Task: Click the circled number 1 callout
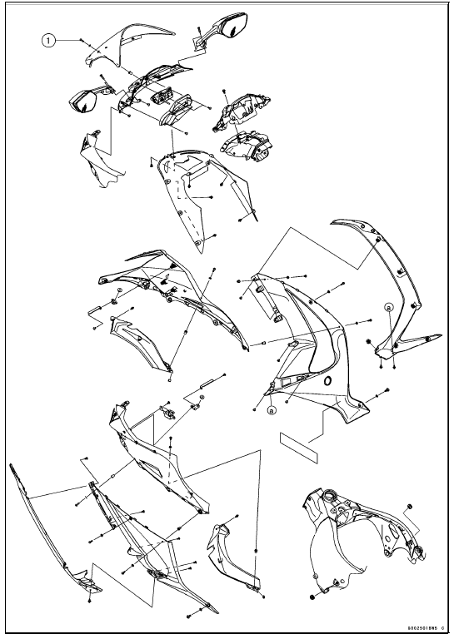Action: coord(51,39)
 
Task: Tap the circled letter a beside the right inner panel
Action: coord(388,307)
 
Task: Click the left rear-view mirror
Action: coord(84,101)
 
